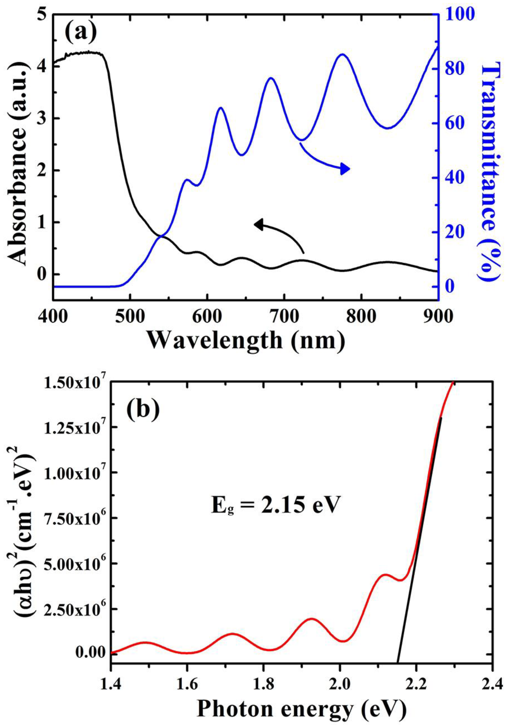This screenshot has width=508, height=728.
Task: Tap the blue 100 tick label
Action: coord(460,14)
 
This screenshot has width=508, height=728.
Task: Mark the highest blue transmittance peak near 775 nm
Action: coord(342,54)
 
